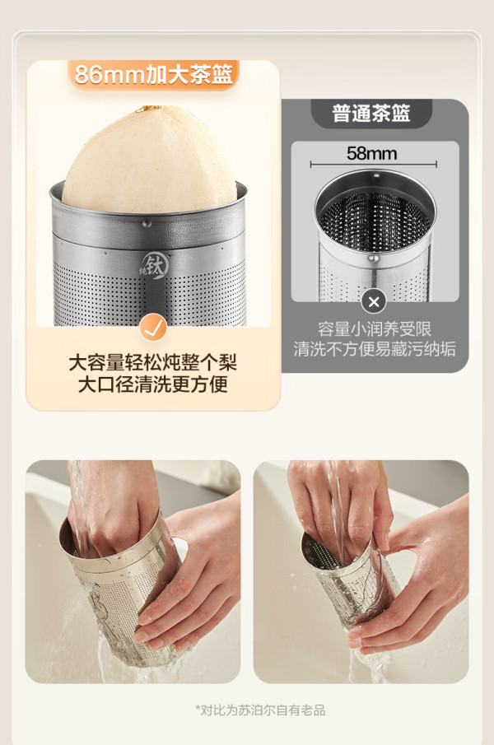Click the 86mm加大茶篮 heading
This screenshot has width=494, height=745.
click(153, 74)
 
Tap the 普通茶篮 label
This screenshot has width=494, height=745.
click(371, 113)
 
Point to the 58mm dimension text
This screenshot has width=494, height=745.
click(371, 153)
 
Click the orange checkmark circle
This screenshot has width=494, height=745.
click(153, 328)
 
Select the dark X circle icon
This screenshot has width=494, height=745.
click(374, 302)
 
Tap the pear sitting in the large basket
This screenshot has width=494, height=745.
click(150, 161)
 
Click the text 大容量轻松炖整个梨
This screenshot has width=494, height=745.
click(153, 362)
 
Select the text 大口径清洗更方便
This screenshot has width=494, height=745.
click(153, 384)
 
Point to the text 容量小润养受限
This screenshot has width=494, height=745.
click(375, 328)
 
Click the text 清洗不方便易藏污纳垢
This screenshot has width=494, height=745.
click(375, 349)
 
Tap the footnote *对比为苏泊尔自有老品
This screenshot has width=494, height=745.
click(260, 710)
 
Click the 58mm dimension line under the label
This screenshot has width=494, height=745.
click(373, 165)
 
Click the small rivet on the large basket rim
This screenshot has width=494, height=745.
click(146, 222)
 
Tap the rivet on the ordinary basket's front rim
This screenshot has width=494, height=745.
click(373, 259)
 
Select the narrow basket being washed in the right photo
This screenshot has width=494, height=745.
click(349, 582)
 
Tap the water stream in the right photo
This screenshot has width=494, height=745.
click(338, 513)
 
